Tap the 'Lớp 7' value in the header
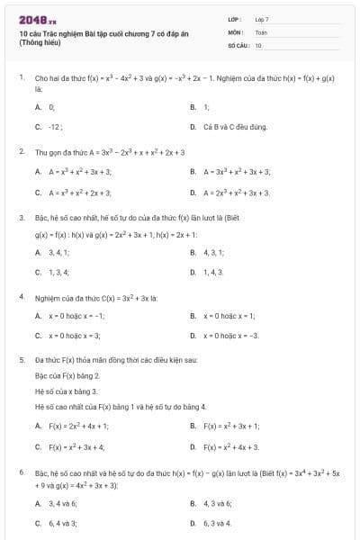tap(262, 18)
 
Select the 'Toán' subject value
tap(261, 31)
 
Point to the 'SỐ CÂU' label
tap(238, 44)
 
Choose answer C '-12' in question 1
tap(55, 127)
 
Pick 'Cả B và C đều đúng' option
tap(235, 127)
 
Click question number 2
tap(21, 151)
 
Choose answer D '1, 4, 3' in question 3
tap(213, 272)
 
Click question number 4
tap(21, 296)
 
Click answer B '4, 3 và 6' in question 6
tap(217, 503)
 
